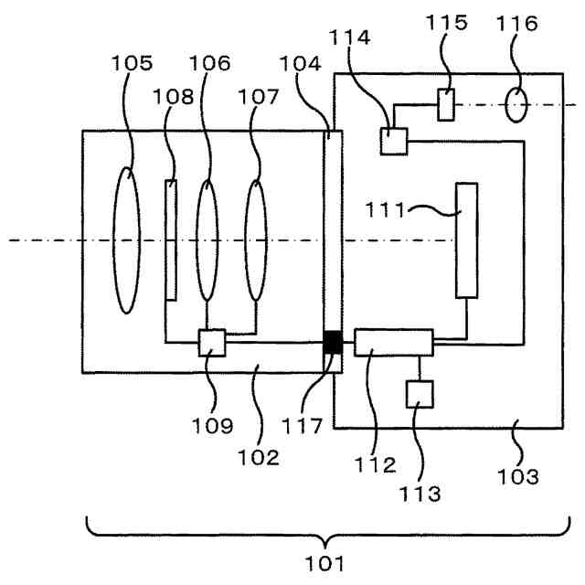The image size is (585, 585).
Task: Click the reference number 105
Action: (x=132, y=63)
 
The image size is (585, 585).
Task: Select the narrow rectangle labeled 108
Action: (x=171, y=239)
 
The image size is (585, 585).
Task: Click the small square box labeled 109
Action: (x=212, y=343)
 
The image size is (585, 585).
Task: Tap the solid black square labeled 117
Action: (x=333, y=342)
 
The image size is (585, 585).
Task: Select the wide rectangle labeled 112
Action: (x=394, y=343)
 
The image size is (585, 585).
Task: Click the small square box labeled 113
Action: (x=420, y=394)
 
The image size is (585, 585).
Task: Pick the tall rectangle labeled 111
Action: (x=467, y=240)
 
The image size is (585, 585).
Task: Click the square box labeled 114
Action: (x=394, y=141)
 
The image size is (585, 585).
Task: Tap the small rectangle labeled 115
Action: (x=446, y=105)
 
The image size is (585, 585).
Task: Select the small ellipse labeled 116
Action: (x=516, y=105)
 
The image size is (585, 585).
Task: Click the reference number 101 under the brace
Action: (x=324, y=564)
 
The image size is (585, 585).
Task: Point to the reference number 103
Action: (x=518, y=477)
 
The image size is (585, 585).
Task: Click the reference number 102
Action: (x=259, y=457)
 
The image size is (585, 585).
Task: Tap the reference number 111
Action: (x=385, y=210)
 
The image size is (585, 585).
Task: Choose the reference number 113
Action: (x=420, y=494)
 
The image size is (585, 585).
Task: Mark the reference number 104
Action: (x=301, y=64)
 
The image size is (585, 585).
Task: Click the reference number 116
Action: (x=517, y=24)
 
